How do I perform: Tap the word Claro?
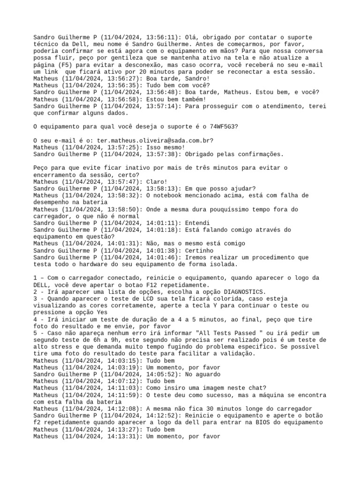157,181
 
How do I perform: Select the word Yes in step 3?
90,312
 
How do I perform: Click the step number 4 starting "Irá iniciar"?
36,319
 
